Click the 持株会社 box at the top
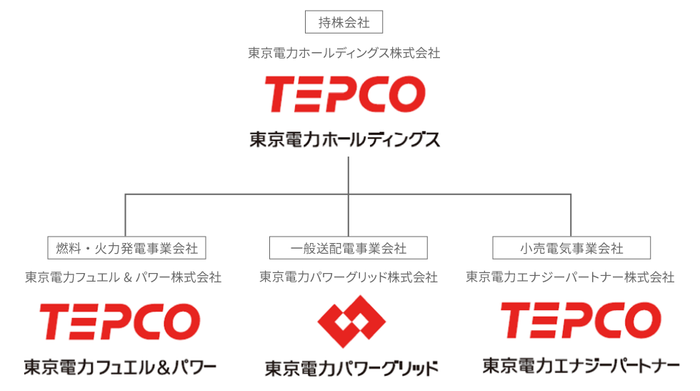(344, 22)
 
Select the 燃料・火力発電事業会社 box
(126, 248)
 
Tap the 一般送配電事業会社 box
(349, 248)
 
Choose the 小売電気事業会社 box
(571, 248)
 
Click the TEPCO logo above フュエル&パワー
(119, 321)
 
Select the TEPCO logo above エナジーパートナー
(580, 320)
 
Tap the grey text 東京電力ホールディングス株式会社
(344, 53)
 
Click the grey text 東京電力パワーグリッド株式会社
(349, 277)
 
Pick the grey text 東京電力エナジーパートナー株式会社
(570, 277)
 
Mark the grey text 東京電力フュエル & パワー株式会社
(123, 277)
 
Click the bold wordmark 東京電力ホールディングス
(344, 139)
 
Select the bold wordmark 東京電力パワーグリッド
(351, 368)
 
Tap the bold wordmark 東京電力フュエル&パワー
(120, 367)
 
